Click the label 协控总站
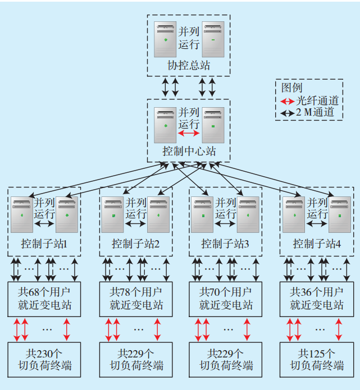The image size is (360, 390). pyautogui.click(x=189, y=66)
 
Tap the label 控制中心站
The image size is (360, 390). pyautogui.click(x=189, y=151)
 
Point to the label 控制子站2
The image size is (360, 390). pyautogui.click(x=135, y=244)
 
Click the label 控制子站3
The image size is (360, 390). pyautogui.click(x=225, y=244)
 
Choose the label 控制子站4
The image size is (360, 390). pyautogui.click(x=317, y=244)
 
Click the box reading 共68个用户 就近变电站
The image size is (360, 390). pyautogui.click(x=44, y=299)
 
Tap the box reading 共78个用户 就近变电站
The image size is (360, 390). pyautogui.click(x=136, y=299)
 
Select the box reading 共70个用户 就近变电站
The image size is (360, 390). pyautogui.click(x=226, y=299)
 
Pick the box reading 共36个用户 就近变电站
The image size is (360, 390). pyautogui.click(x=317, y=299)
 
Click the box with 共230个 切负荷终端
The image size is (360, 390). pyautogui.click(x=44, y=360)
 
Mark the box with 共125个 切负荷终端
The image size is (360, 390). pyautogui.click(x=317, y=360)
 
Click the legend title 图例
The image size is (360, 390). pyautogui.click(x=292, y=88)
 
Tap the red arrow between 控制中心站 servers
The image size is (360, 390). pyautogui.click(x=189, y=134)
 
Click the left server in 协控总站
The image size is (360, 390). pyautogui.click(x=165, y=39)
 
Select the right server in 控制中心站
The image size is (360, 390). pyautogui.click(x=213, y=125)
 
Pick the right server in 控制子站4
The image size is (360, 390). pyautogui.click(x=340, y=214)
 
